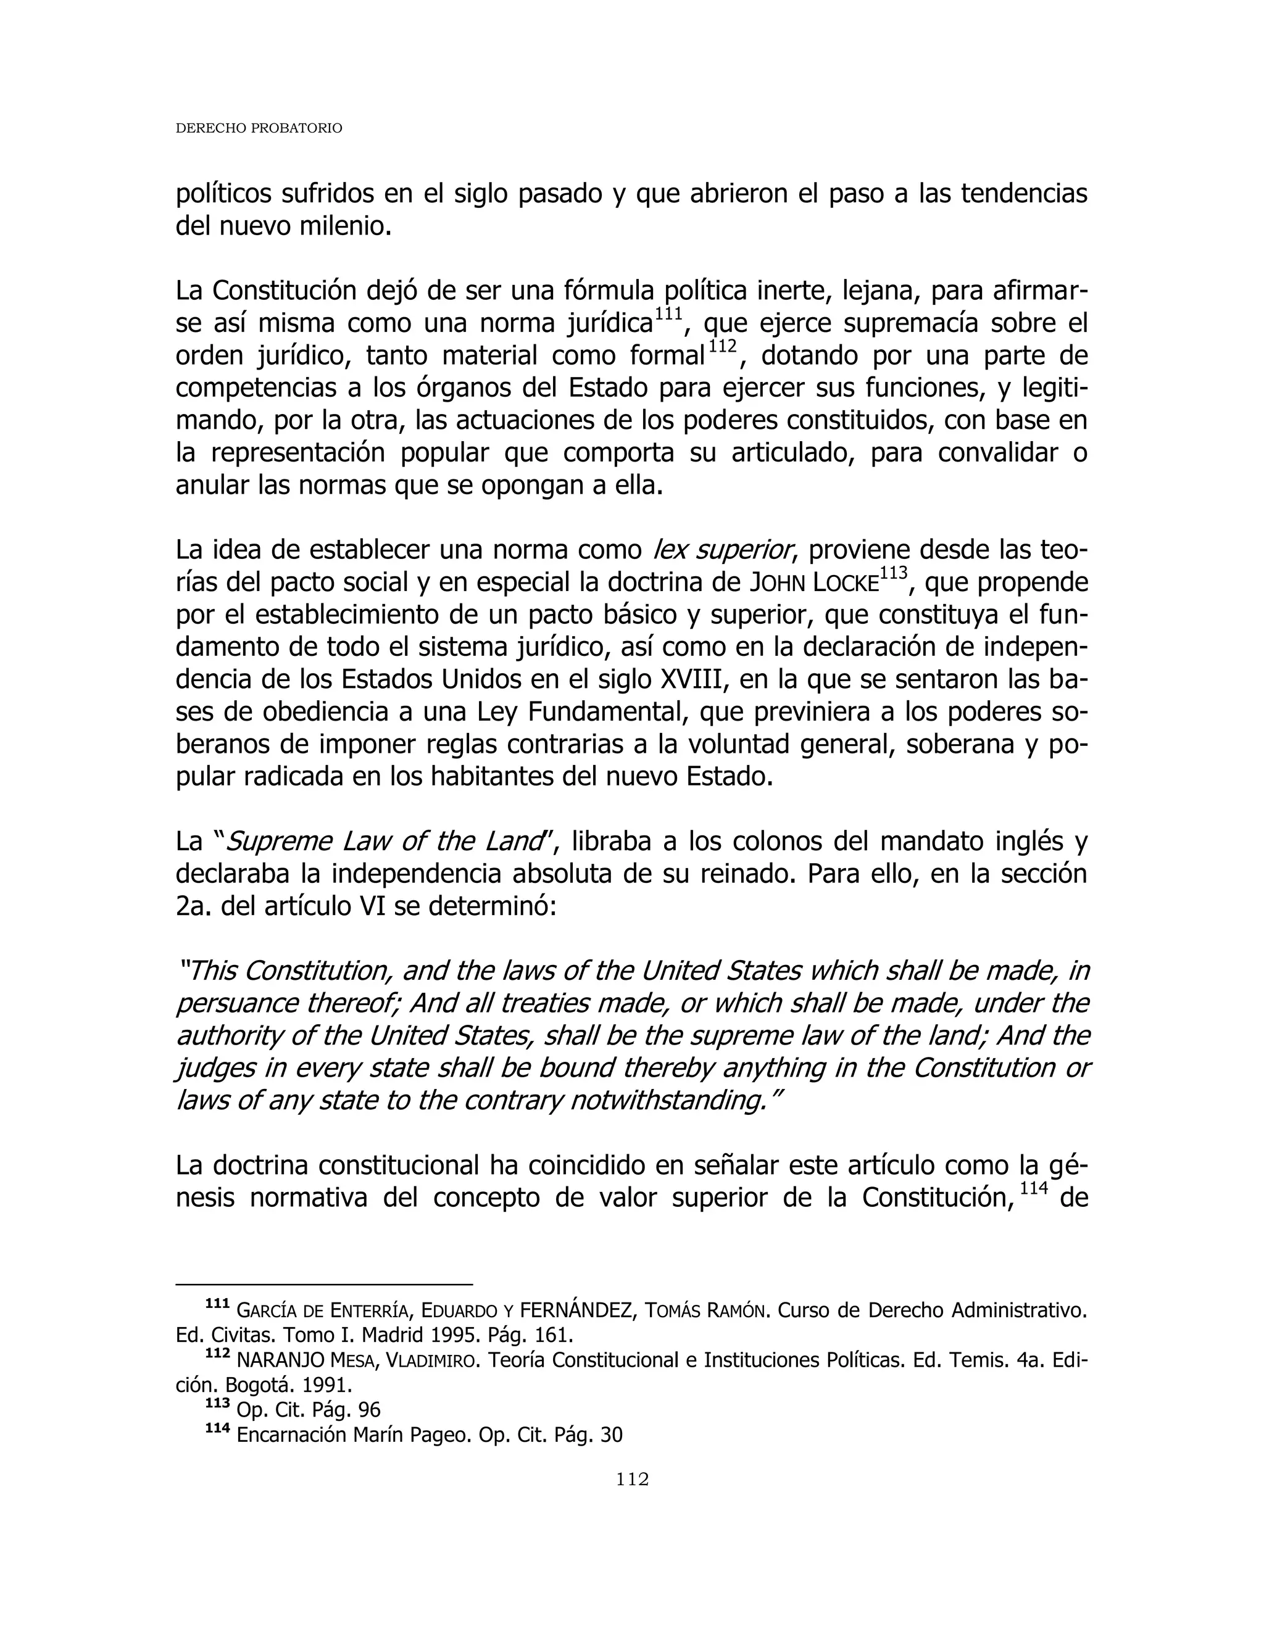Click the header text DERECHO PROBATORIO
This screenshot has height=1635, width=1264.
point(259,129)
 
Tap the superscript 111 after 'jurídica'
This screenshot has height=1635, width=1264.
point(668,315)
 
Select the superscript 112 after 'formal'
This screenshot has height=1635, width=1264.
point(723,347)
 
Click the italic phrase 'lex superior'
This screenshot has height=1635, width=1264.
point(723,550)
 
